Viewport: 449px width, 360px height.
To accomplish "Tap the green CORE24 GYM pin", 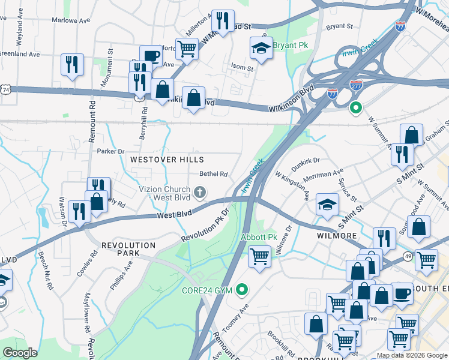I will pyautogui.click(x=243, y=290).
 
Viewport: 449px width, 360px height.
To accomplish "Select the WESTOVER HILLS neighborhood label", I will pyautogui.click(x=167, y=160).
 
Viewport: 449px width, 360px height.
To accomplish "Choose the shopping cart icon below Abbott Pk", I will pyautogui.click(x=259, y=257).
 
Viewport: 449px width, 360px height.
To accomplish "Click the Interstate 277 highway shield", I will pyautogui.click(x=356, y=85).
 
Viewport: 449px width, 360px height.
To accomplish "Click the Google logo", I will pyautogui.click(x=20, y=353).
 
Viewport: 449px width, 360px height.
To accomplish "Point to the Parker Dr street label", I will pyautogui.click(x=110, y=151).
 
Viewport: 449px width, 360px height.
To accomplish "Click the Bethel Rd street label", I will pyautogui.click(x=214, y=175).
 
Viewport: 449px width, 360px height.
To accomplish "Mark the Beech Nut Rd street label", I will pyautogui.click(x=46, y=270).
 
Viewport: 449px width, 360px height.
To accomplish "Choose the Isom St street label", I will pyautogui.click(x=242, y=68).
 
